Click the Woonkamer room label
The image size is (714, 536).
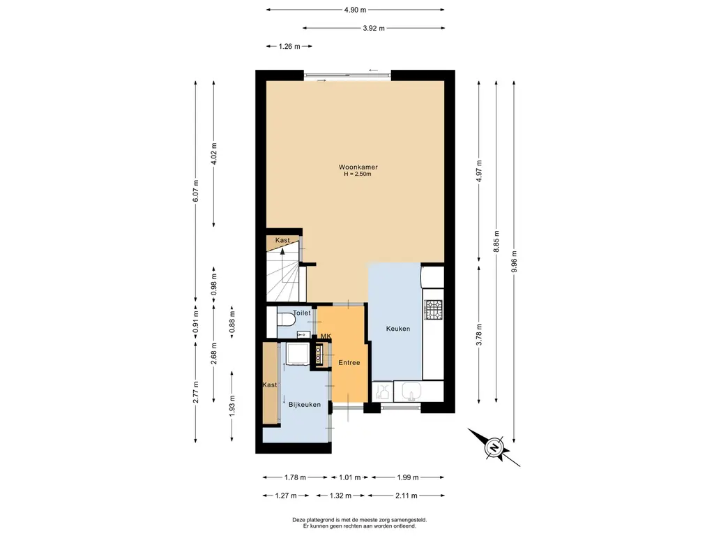[x=358, y=167]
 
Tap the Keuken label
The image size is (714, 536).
[x=398, y=329]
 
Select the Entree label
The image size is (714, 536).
[x=349, y=363]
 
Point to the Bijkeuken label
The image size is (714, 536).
[x=305, y=404]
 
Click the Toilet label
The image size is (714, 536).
[x=301, y=313]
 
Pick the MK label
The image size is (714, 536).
[x=326, y=336]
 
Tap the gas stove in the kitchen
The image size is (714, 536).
[x=434, y=309]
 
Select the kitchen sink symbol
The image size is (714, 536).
[x=413, y=392]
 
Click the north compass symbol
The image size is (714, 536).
[x=494, y=447]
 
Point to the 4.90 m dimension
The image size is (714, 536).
[x=355, y=10]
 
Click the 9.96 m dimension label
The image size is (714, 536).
[x=514, y=262]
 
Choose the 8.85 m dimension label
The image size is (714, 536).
[x=496, y=241]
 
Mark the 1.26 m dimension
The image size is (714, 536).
[x=289, y=46]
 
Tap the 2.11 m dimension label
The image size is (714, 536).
[x=407, y=496]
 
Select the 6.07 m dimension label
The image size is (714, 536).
[x=196, y=191]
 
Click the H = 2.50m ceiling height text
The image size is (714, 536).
[x=358, y=174]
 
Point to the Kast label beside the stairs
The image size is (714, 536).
[x=282, y=240]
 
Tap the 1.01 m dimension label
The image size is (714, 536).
[x=350, y=477]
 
